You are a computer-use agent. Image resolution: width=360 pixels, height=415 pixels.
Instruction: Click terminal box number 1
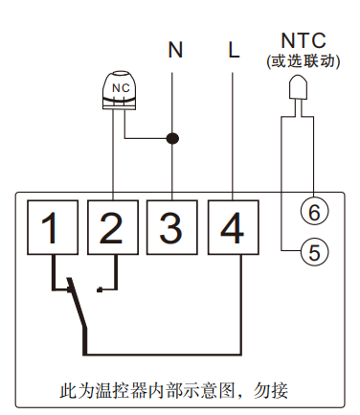tap(55, 228)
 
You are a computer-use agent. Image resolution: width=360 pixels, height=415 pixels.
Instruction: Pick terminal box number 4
tap(233, 228)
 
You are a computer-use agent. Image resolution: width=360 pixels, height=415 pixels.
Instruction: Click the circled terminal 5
tap(312, 252)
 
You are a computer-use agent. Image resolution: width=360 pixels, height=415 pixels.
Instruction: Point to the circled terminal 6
tap(312, 207)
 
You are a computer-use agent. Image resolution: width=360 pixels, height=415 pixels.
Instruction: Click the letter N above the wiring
tap(173, 51)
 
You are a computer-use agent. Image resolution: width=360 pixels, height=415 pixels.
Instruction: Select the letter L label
tap(233, 51)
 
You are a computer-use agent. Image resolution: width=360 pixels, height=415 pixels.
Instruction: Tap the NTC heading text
tap(303, 40)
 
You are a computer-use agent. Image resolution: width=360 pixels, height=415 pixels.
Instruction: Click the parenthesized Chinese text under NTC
tap(303, 60)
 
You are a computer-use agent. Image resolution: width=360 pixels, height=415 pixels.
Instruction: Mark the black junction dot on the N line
tap(173, 138)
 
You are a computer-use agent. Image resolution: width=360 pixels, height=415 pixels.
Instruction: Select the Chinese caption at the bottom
tap(173, 390)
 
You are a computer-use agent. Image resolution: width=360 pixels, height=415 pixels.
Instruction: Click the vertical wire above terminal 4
tap(233, 125)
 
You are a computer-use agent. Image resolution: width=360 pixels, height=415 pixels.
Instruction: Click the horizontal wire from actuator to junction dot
tap(148, 138)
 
